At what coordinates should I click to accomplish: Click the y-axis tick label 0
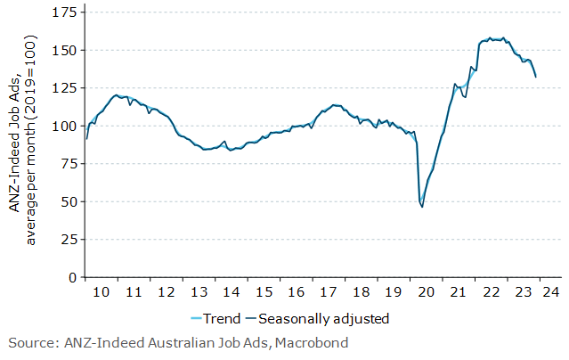71,277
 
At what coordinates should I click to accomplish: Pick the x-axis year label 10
102,292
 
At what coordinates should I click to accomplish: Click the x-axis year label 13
199,292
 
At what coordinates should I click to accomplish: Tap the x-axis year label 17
329,292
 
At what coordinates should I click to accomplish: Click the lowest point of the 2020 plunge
422,207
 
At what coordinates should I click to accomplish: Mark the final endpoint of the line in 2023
535,77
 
